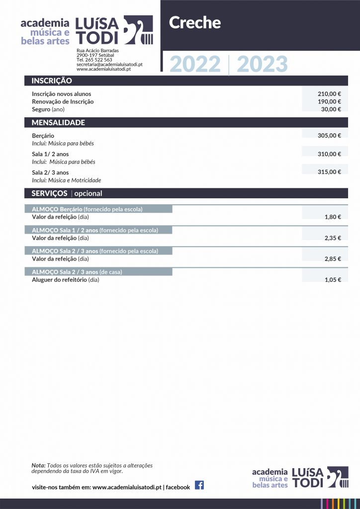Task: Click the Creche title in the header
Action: pyautogui.click(x=195, y=23)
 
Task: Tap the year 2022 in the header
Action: pyautogui.click(x=195, y=65)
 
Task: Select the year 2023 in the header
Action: pyautogui.click(x=262, y=65)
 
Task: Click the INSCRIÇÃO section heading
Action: pyautogui.click(x=52, y=81)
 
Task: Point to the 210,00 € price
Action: pyautogui.click(x=329, y=94)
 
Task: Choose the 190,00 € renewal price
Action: pyautogui.click(x=329, y=101)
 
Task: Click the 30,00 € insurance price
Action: pyautogui.click(x=331, y=109)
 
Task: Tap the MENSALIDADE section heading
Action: pyautogui.click(x=58, y=123)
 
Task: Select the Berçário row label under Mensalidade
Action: pyautogui.click(x=43, y=136)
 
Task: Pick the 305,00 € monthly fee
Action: pyautogui.click(x=329, y=136)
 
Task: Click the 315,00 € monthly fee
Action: pyautogui.click(x=329, y=172)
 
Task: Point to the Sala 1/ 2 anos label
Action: pyautogui.click(x=50, y=154)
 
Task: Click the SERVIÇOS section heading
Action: pyautogui.click(x=50, y=193)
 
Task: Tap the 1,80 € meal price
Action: pyautogui.click(x=333, y=217)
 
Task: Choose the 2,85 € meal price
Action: pyautogui.click(x=333, y=259)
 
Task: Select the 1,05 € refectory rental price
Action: pyautogui.click(x=333, y=280)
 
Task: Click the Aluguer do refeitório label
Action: pyautogui.click(x=59, y=280)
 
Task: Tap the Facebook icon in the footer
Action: pyautogui.click(x=199, y=486)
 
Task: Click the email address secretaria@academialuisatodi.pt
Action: pyautogui.click(x=109, y=65)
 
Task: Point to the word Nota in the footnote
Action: pyautogui.click(x=38, y=465)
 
